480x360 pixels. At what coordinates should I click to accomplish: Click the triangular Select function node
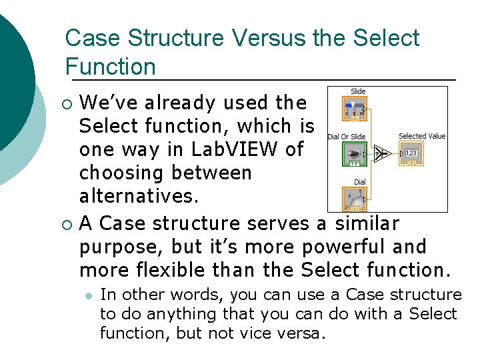tap(381, 154)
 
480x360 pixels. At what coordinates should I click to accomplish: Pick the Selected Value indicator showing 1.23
tap(411, 155)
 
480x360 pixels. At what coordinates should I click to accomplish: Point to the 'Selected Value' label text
tap(421, 136)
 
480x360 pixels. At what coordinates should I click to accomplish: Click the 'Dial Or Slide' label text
tap(347, 137)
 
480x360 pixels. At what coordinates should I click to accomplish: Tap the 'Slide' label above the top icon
tap(358, 91)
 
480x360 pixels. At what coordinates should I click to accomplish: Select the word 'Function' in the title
tap(110, 67)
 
